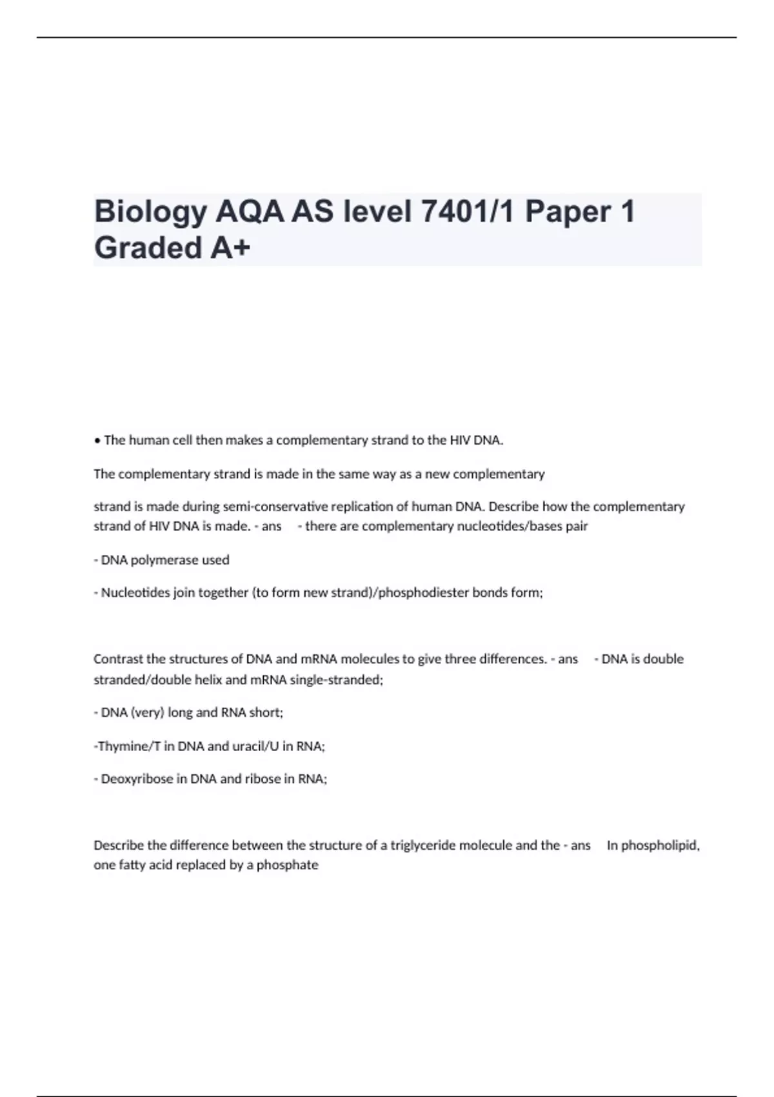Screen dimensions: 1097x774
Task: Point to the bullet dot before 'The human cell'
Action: click(97, 441)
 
